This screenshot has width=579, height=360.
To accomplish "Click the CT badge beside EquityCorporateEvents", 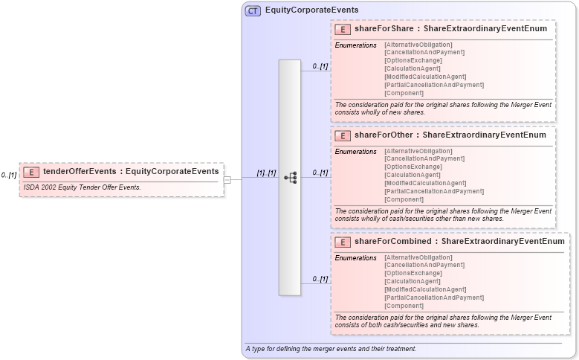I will (253, 11).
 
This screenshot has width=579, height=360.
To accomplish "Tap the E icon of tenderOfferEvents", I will (31, 172).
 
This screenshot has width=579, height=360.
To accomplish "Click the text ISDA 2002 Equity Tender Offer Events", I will (82, 187).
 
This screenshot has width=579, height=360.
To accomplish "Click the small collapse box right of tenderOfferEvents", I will (227, 179).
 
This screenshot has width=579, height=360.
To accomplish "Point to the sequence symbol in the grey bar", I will (290, 178).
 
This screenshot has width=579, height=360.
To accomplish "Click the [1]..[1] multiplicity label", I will (266, 173).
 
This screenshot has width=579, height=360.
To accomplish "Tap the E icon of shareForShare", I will (343, 29).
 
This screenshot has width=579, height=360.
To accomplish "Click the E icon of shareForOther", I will (343, 135).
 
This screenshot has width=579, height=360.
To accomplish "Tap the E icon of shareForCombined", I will (343, 242).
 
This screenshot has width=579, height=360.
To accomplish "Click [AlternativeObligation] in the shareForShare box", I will (418, 45).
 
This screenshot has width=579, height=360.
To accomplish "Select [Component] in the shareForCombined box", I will (404, 306).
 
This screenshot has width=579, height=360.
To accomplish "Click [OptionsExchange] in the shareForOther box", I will (413, 167).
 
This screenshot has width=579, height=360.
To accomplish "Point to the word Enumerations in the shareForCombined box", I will (356, 258).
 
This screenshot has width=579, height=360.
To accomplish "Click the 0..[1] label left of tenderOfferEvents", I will (9, 176).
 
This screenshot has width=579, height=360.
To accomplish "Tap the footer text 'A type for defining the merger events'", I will (330, 349).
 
